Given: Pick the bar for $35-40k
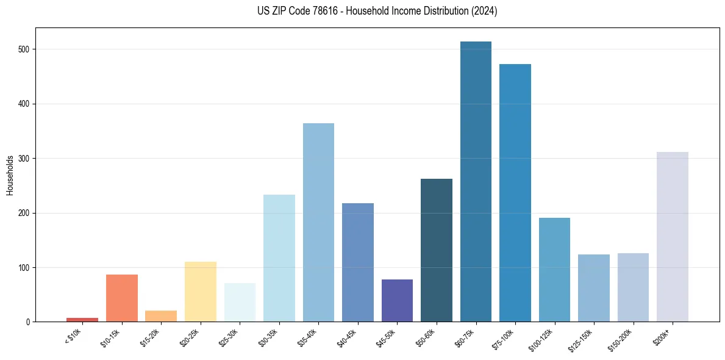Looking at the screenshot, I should [x=318, y=223].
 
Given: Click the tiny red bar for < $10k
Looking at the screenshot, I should [x=82, y=319].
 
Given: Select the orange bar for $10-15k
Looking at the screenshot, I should [x=122, y=298].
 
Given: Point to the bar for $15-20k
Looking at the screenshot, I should [x=161, y=316].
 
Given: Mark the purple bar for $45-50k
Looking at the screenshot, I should [x=397, y=301].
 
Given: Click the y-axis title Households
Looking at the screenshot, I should [x=10, y=175].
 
